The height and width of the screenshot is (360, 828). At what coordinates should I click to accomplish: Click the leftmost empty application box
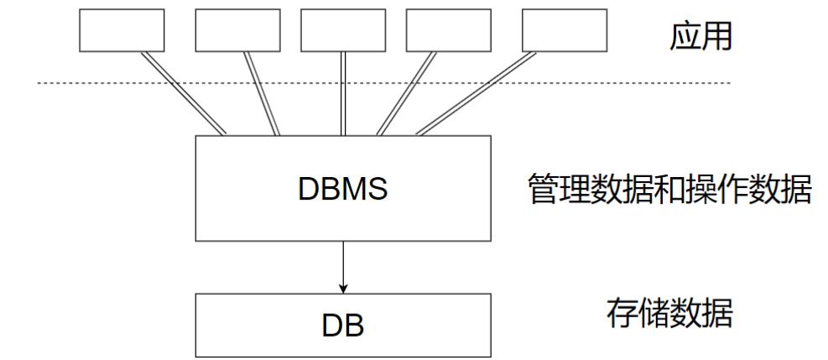[122, 32]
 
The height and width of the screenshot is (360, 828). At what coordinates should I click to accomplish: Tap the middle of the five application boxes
[342, 32]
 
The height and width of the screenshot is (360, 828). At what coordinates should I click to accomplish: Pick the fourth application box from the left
[448, 32]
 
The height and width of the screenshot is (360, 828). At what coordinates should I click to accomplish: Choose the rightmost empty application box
[563, 32]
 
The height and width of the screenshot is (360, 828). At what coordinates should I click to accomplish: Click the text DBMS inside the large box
[342, 190]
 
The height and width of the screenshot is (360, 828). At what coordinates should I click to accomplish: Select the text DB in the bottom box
[342, 326]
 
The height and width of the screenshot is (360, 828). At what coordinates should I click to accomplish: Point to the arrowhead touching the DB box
[342, 288]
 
